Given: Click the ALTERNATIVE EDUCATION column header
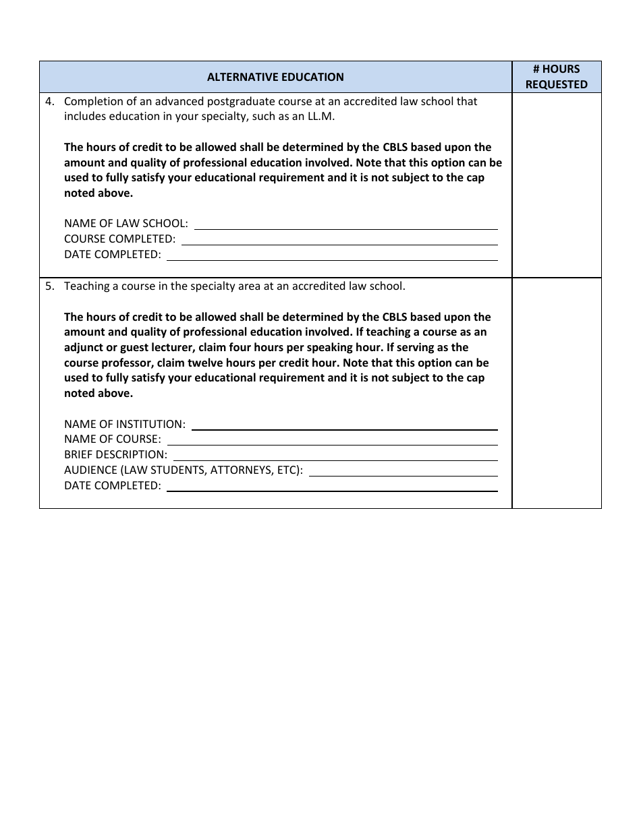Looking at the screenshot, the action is click(275, 77).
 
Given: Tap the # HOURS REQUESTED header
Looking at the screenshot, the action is click(556, 77).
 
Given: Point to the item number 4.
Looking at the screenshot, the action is click(49, 102).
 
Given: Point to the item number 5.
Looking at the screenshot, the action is click(49, 286).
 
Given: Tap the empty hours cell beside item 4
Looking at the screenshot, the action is click(556, 185).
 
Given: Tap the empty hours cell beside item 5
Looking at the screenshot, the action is click(556, 393).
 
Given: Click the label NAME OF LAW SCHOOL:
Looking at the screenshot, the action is click(126, 224).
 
